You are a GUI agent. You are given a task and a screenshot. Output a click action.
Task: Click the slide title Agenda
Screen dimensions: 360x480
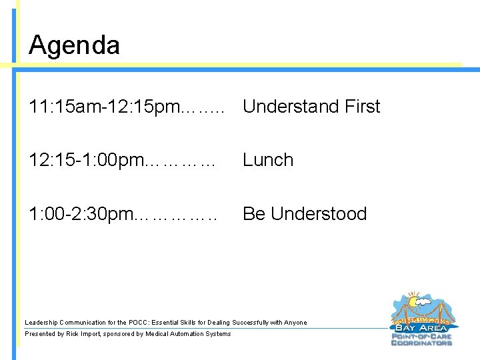click(75, 45)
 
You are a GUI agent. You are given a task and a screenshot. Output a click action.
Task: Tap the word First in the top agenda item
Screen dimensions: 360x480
click(358, 107)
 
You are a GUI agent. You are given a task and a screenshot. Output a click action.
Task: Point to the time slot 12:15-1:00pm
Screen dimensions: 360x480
click(85, 160)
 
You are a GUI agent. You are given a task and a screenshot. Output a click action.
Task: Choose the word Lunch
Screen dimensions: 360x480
click(268, 160)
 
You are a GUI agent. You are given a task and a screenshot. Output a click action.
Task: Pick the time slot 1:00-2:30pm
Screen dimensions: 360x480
click(81, 214)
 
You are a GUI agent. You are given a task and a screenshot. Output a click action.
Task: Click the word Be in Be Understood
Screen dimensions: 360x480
click(254, 214)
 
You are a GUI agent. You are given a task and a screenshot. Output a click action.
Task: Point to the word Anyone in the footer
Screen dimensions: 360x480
click(295, 323)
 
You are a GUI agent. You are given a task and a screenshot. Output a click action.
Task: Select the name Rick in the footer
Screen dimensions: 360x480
click(74, 334)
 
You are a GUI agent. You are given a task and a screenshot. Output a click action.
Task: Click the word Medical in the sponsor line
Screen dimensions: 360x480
click(158, 334)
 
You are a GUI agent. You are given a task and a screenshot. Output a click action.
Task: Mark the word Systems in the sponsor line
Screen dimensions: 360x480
click(218, 334)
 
